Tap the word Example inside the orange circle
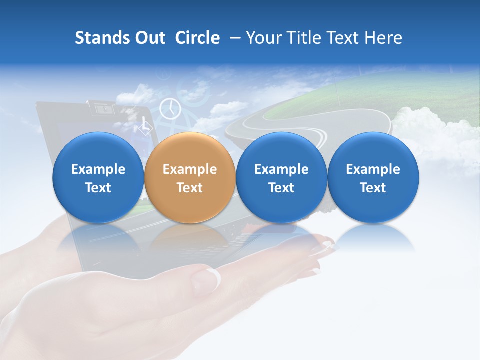[190, 169]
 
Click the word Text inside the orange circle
[190, 188]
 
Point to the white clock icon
[170, 108]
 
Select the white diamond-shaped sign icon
[145, 127]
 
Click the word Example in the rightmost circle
[373, 169]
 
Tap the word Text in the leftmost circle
[98, 188]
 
